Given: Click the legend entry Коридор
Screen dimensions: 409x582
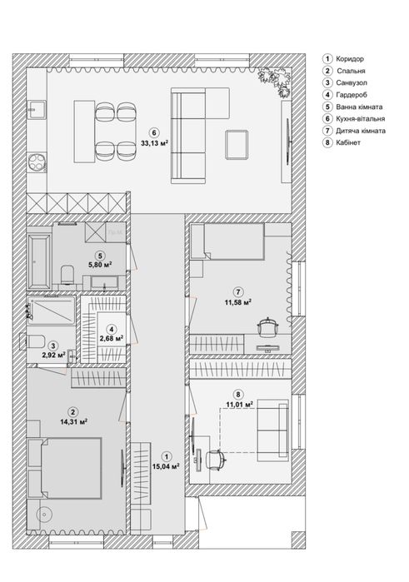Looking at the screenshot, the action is point(350,58).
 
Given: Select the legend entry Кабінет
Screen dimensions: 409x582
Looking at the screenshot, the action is point(348,142).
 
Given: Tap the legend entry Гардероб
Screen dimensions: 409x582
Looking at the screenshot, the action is point(352,95).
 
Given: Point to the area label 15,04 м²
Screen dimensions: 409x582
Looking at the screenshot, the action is point(166,466).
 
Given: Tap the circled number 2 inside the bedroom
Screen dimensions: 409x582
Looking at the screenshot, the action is point(73,411).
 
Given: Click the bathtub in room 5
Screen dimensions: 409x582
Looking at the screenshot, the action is point(38,261).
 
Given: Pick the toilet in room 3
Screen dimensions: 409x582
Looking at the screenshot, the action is point(32,341).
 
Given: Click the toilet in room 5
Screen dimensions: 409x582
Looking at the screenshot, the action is point(67,275).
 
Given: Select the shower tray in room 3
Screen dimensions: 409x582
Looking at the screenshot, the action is point(52,311).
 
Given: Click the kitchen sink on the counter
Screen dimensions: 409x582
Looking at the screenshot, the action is point(37,110).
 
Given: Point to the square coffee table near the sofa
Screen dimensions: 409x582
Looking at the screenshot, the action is point(237,145).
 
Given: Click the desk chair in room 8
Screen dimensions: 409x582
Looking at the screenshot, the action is point(217,460).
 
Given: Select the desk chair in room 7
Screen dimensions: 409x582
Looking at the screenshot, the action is point(268,328).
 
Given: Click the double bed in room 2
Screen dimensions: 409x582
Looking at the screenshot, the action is point(65,468).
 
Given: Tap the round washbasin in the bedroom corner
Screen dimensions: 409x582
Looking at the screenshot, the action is point(45,514).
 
